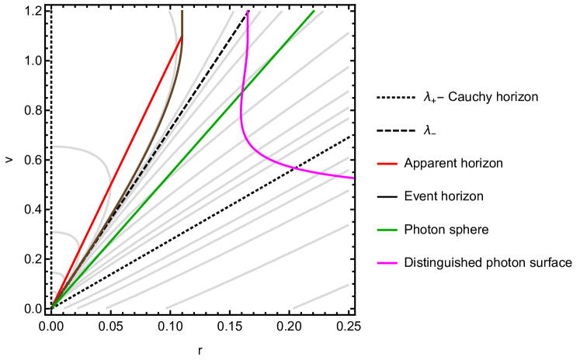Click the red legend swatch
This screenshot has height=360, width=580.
387,164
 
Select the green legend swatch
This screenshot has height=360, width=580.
387,230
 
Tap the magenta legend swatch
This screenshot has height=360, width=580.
387,263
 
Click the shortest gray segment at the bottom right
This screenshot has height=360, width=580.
321,296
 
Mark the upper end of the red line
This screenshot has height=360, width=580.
182,36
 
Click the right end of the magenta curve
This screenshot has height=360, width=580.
353,178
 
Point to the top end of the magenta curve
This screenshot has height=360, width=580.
247,12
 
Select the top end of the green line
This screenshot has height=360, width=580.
314,11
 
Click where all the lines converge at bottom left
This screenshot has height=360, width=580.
53,307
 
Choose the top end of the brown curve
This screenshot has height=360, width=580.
182,12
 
